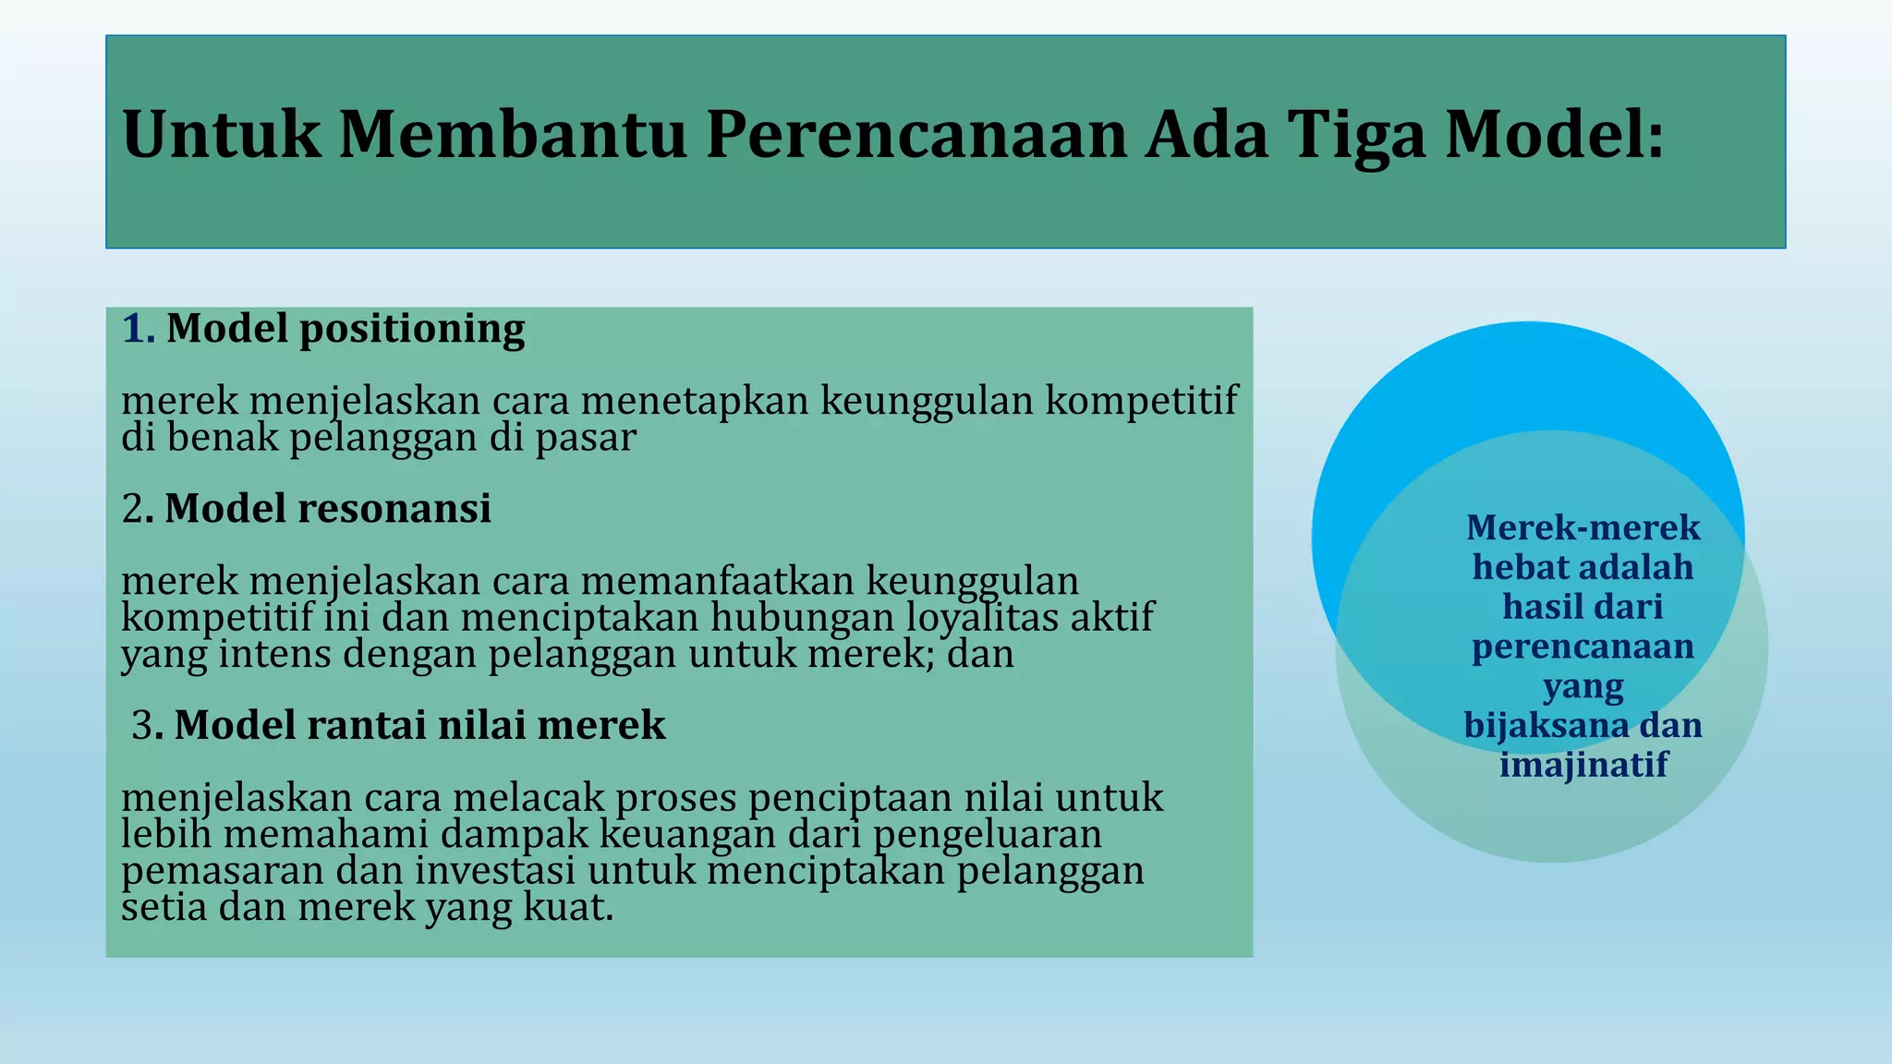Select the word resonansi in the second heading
pyautogui.click(x=394, y=509)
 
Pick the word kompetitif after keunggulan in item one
pyautogui.click(x=1141, y=401)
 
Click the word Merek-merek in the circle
pyautogui.click(x=1583, y=527)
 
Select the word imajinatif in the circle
pyautogui.click(x=1583, y=765)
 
